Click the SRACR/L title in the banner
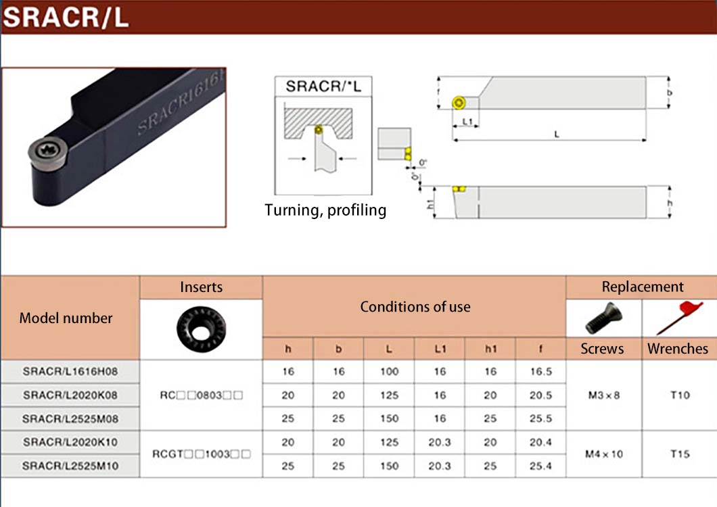[66, 18]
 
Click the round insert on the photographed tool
[48, 152]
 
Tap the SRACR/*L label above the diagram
[323, 86]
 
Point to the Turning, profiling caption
[325, 210]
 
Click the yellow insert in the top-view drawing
[459, 102]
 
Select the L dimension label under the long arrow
[557, 135]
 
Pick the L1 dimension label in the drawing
[467, 122]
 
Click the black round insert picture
[201, 329]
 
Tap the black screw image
[603, 318]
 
